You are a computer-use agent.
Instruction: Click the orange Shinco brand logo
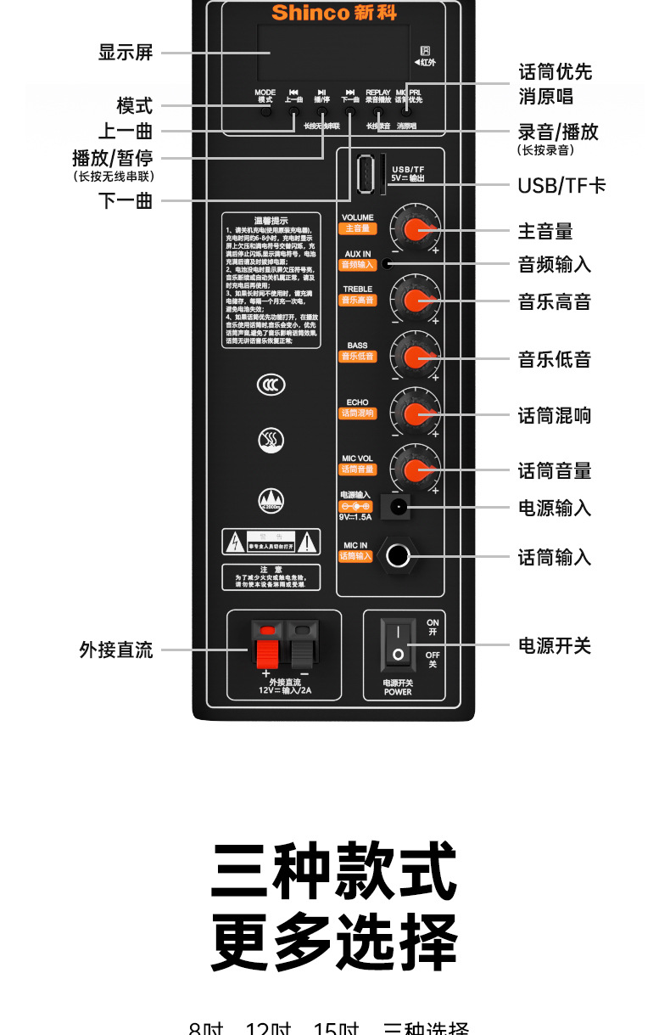[333, 13]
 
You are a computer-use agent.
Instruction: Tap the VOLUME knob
[416, 229]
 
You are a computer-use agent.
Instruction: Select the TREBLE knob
[416, 301]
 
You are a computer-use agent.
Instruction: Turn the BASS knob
[416, 357]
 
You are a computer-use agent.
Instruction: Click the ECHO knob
[416, 413]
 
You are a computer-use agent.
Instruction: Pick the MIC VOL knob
[416, 470]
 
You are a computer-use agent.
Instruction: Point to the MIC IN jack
[397, 556]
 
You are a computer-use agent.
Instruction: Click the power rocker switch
[397, 643]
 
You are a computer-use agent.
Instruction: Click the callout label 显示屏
[126, 53]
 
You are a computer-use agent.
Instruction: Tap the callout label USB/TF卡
[561, 186]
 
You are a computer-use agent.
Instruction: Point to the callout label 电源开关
[555, 646]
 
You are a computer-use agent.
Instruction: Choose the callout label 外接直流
[116, 650]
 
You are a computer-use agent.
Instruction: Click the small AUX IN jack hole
[387, 263]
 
